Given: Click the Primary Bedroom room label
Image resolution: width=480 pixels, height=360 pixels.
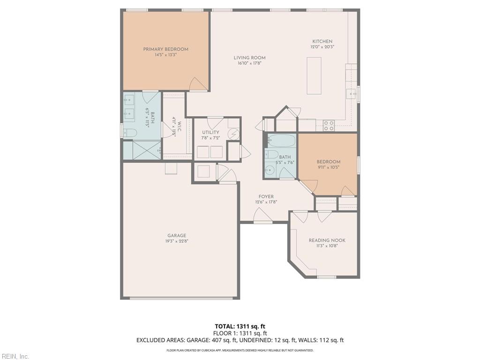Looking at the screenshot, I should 165,49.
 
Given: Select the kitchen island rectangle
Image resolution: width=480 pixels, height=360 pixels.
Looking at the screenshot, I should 314,75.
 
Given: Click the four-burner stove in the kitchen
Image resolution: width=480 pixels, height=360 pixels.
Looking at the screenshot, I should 329,125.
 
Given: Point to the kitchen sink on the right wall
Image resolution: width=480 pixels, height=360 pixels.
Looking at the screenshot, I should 352,94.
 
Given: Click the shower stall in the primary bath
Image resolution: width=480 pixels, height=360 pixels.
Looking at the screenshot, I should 146,150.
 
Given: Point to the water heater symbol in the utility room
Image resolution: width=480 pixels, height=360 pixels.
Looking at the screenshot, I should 233,135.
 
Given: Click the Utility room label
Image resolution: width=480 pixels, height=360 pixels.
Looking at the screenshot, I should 210,133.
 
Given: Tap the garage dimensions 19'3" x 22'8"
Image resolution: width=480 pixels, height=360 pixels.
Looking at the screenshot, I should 177,241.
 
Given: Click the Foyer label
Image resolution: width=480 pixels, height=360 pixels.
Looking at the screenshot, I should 266,197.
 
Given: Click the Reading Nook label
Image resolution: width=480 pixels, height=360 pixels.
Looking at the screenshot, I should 327,240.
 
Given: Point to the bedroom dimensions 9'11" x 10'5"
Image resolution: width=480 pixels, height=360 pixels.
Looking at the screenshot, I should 328,167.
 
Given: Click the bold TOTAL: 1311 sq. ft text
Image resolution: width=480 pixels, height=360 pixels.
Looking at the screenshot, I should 240,326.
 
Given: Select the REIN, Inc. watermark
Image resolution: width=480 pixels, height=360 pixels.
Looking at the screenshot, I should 15,356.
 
